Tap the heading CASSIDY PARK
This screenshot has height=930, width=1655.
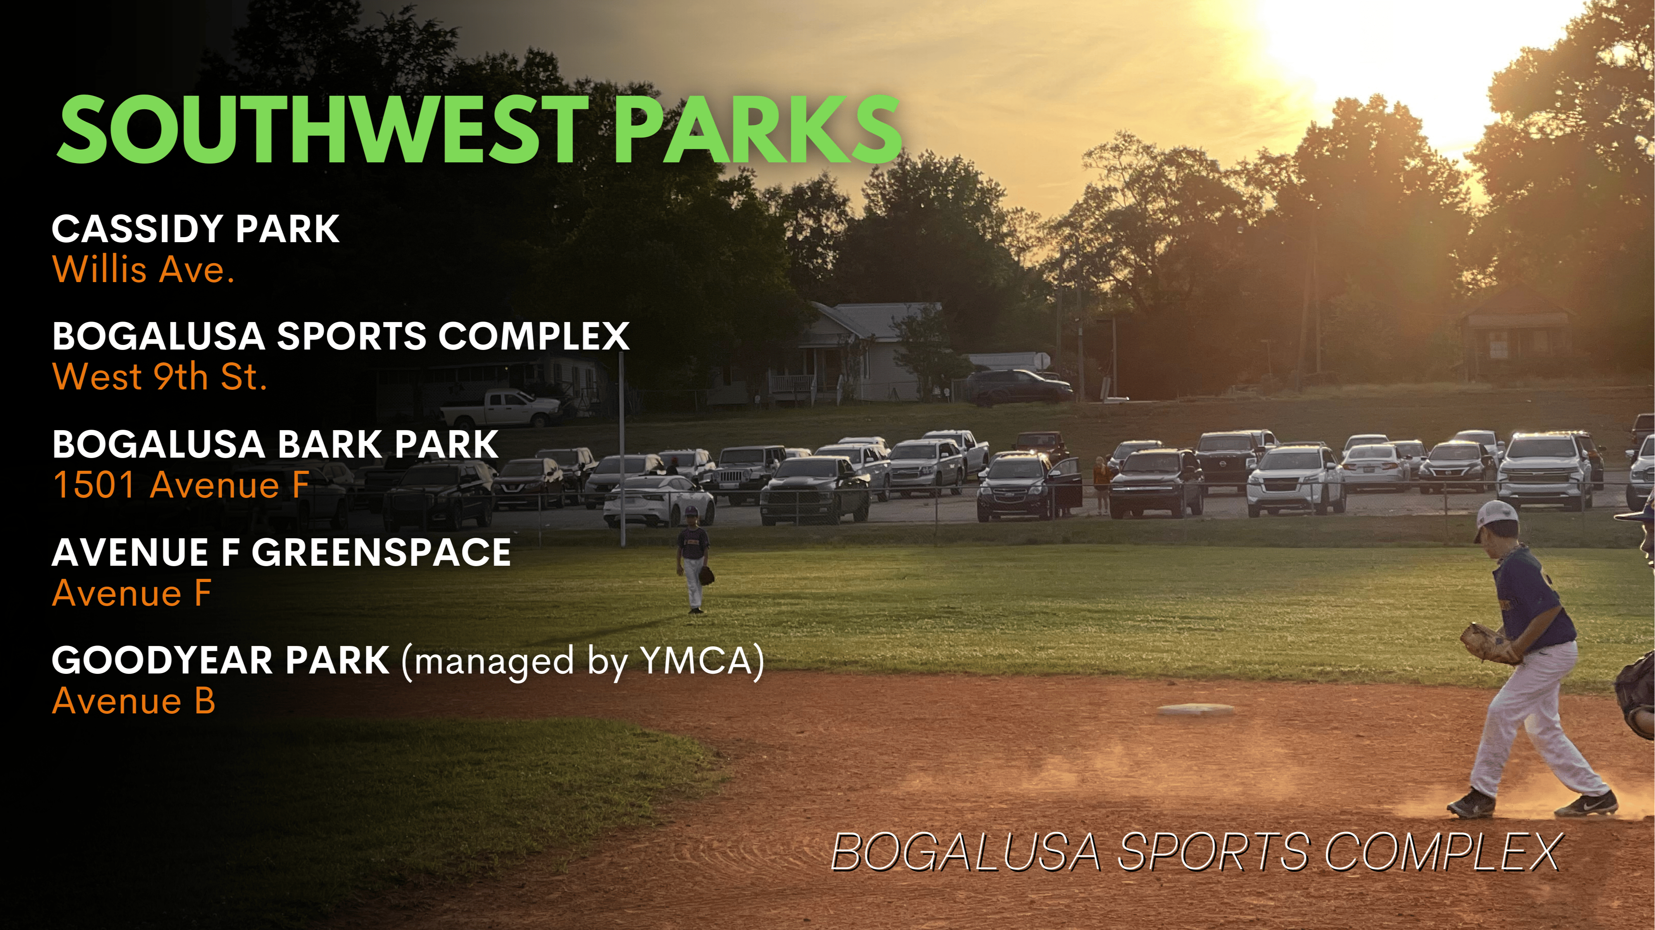click(x=195, y=229)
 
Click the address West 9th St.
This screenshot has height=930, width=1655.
click(x=159, y=377)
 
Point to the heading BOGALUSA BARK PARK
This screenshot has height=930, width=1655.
click(x=275, y=444)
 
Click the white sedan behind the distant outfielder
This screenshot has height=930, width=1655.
click(x=659, y=501)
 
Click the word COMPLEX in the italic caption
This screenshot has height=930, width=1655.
click(x=1442, y=852)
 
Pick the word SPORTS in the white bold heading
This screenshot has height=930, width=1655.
click(x=351, y=336)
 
